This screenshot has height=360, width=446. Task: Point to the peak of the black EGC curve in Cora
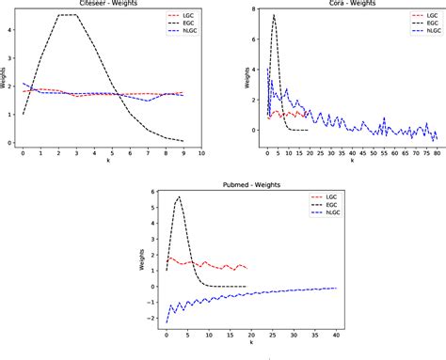click(x=274, y=15)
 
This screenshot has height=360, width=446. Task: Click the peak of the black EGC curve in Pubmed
click(x=179, y=196)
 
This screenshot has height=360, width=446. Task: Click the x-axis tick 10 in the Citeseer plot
click(x=201, y=151)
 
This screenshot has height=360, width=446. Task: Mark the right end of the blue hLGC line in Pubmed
click(x=337, y=288)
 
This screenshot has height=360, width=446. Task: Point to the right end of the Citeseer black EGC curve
click(x=183, y=141)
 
